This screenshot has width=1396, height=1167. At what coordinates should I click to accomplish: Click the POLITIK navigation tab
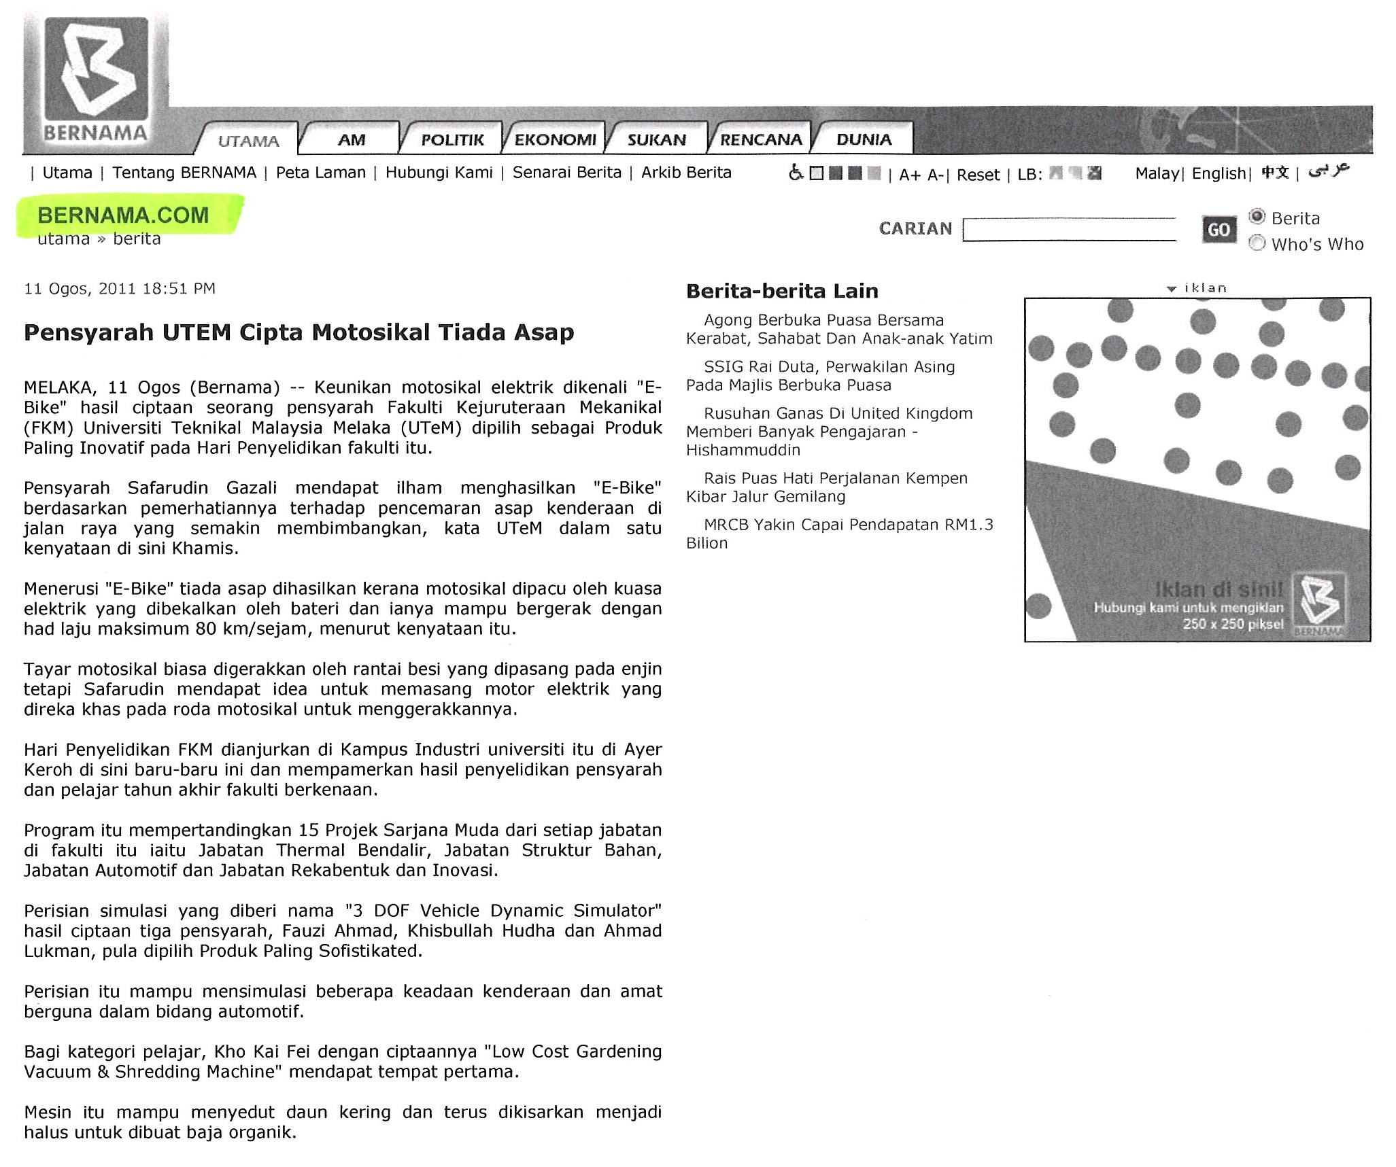(452, 140)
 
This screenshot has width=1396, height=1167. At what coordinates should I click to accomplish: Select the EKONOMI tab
(555, 140)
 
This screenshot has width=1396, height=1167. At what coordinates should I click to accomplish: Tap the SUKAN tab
(656, 140)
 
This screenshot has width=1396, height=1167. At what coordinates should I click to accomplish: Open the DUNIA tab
(864, 140)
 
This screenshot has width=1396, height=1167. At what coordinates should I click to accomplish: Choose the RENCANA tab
(761, 140)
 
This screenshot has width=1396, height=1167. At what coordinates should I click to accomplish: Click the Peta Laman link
(320, 173)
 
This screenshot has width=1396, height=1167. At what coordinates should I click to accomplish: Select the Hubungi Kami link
(439, 173)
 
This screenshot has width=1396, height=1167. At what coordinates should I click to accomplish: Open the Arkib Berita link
(686, 173)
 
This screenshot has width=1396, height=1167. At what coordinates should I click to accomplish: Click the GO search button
(1219, 230)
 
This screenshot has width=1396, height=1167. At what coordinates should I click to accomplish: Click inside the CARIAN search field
(1070, 230)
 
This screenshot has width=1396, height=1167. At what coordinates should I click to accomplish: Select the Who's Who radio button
(1257, 243)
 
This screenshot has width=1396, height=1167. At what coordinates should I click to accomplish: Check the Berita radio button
(1257, 217)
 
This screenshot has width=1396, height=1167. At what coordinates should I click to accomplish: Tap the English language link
(1219, 173)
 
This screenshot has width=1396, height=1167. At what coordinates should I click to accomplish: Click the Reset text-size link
(978, 175)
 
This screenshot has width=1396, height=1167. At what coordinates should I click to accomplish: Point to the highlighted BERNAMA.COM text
(123, 215)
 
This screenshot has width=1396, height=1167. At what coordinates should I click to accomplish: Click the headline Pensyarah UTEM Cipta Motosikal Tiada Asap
(299, 332)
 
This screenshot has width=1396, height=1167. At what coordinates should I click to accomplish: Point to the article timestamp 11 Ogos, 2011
(120, 288)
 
